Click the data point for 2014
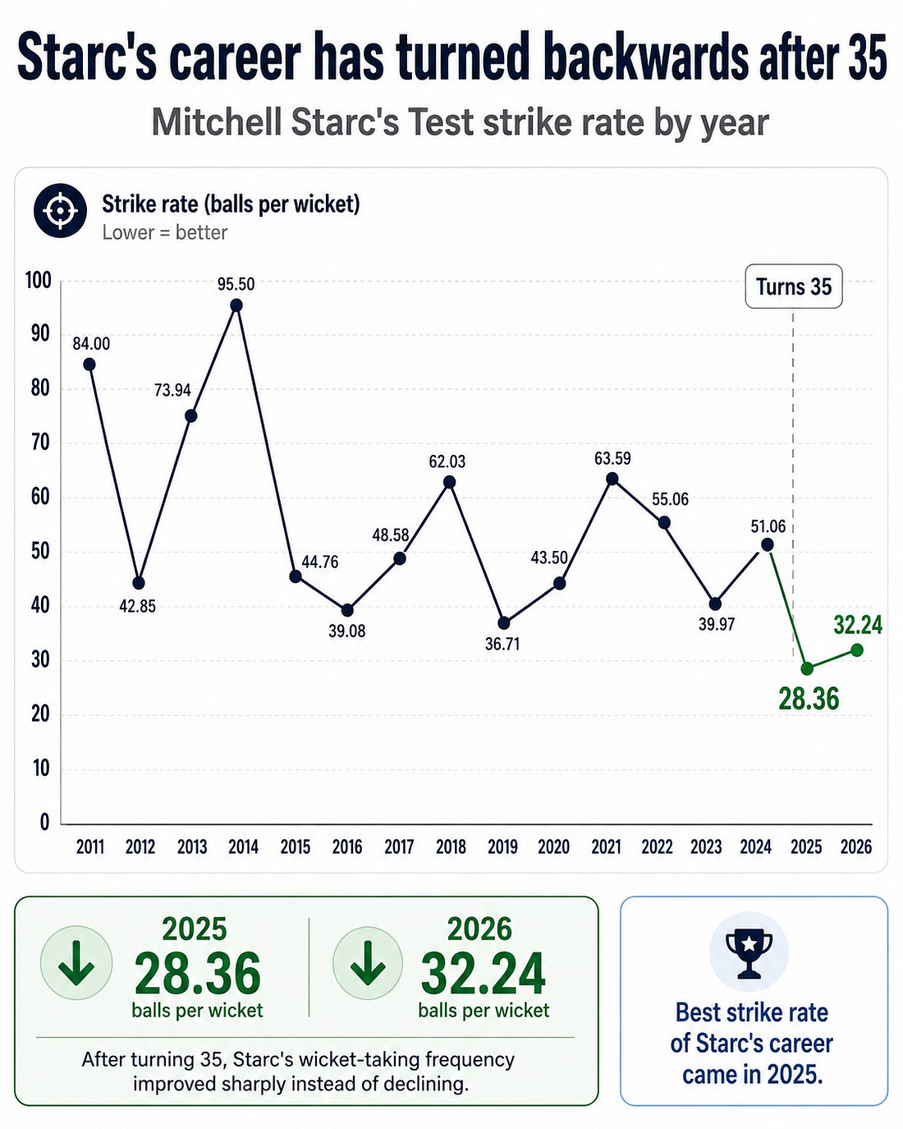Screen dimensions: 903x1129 pos(236,305)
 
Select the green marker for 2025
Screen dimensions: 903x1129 pos(807,668)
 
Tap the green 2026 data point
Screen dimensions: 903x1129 pos(857,650)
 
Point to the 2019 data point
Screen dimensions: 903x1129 pos(504,623)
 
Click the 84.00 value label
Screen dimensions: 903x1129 pos(91,344)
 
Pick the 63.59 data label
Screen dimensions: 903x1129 pos(612,458)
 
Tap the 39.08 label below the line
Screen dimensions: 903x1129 pos(346,631)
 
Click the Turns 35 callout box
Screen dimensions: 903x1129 pos(793,287)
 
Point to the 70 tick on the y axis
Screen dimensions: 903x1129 pos(40,443)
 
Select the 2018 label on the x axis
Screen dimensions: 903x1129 pos(451,847)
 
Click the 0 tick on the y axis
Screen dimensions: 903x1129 pos(45,823)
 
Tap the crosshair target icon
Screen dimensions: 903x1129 pos(61,210)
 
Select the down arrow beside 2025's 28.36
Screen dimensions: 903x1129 pos(76,963)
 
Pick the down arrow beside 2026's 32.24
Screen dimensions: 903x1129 pos(368,963)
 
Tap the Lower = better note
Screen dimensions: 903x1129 pos(165,232)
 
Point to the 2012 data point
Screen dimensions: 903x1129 pos(139,583)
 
